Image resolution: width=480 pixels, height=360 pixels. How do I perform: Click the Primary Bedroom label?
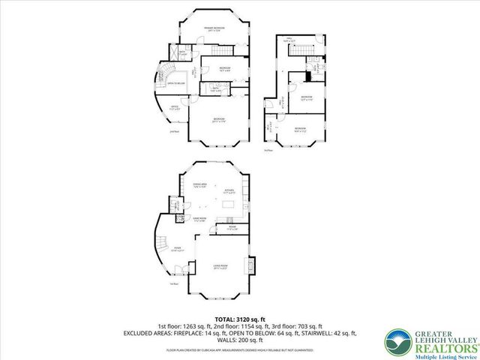[x=215, y=28]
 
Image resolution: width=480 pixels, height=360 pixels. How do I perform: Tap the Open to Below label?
[x=175, y=83]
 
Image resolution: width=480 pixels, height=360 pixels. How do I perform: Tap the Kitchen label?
[x=229, y=191]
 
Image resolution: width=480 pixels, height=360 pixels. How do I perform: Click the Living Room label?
[x=219, y=267]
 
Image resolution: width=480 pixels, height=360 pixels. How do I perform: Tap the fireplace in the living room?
[x=252, y=265]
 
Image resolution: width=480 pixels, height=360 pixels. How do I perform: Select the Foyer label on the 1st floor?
[x=177, y=249]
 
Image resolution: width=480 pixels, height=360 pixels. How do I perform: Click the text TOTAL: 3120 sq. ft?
[x=239, y=318]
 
